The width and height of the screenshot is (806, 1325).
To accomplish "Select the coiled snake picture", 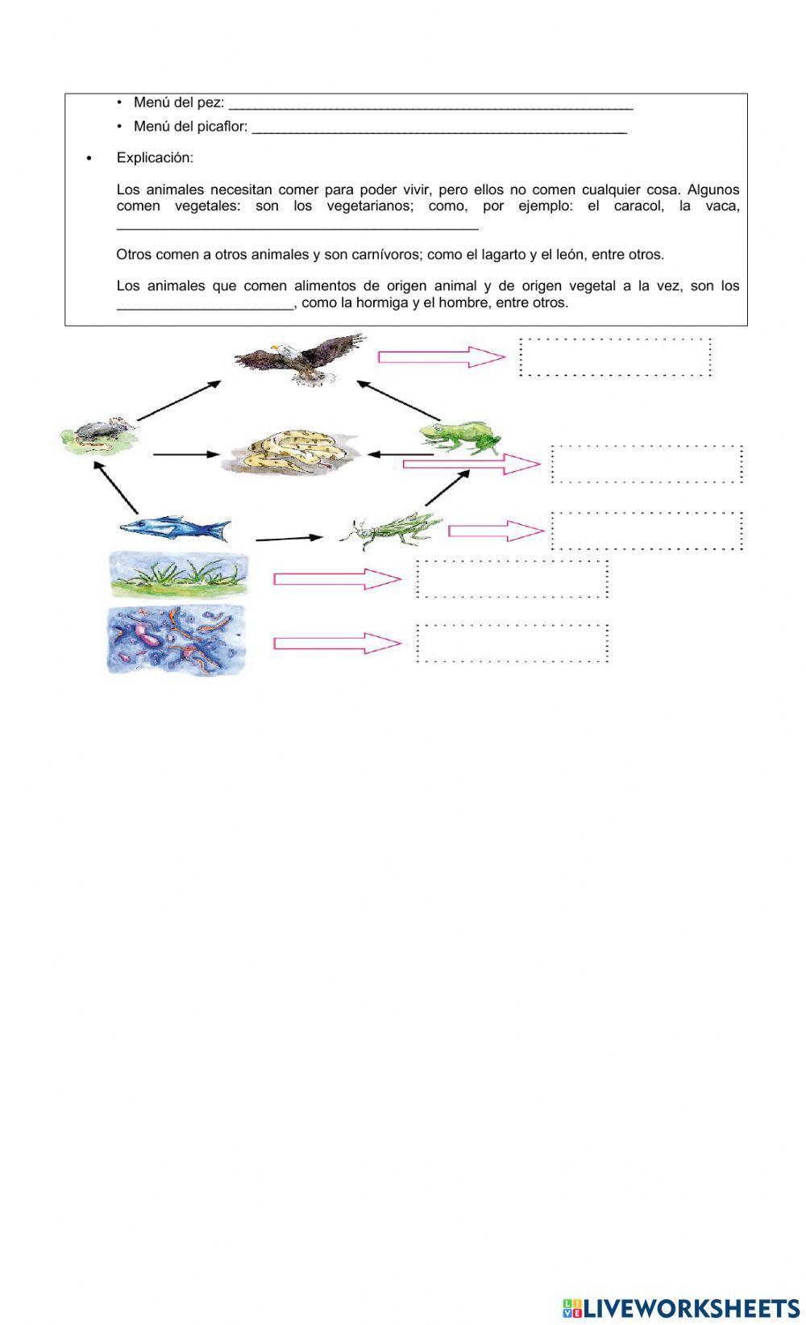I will (290, 453).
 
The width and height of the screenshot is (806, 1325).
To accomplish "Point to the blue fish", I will (176, 528).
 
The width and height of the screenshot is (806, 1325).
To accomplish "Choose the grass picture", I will (179, 575).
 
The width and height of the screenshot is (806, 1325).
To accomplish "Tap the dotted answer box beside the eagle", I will (616, 356).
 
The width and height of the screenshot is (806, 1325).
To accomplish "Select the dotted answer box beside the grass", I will (512, 579).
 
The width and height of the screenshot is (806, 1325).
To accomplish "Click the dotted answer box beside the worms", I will (512, 643).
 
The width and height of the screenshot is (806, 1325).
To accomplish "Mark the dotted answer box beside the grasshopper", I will (647, 531).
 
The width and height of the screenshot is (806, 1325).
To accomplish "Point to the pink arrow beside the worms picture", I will (337, 643).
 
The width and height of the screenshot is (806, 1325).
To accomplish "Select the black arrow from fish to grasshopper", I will (289, 538).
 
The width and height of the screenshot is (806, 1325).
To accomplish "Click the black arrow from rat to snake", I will (185, 455).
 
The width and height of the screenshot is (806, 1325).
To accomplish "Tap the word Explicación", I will (155, 157).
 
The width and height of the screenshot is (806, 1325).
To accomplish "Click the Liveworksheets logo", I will (680, 1308).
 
